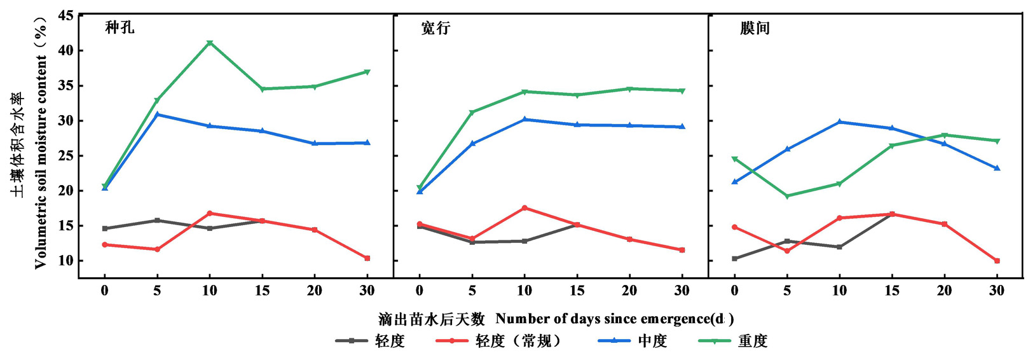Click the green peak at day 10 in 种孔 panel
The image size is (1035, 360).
(x=209, y=43)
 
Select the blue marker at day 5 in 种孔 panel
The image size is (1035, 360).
(x=157, y=114)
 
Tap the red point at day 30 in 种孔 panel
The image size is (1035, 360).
(x=367, y=258)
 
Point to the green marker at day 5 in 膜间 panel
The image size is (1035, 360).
(x=787, y=196)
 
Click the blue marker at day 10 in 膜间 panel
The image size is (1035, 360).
(x=840, y=121)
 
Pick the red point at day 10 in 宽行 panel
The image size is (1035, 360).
(x=524, y=208)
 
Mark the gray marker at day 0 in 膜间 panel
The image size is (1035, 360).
(x=735, y=258)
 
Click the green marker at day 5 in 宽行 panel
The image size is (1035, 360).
(x=472, y=113)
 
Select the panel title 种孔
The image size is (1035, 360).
(x=120, y=28)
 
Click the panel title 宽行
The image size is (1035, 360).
(x=435, y=29)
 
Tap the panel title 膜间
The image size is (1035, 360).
(x=755, y=29)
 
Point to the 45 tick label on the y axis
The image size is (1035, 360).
(x=65, y=15)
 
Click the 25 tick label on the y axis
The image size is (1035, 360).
(x=65, y=156)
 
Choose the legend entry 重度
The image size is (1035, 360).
(x=752, y=342)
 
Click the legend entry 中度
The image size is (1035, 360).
(x=652, y=342)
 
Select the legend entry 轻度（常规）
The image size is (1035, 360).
(x=518, y=342)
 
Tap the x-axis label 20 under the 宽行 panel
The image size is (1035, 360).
(x=629, y=291)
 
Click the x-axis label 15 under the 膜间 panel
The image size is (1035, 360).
(x=892, y=291)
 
